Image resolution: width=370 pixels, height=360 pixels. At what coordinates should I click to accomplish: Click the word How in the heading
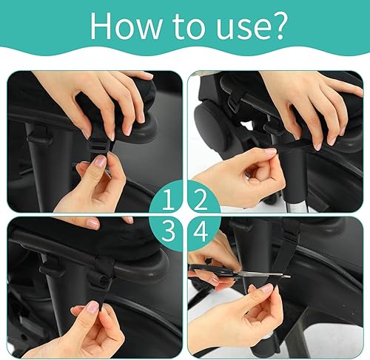(x=126, y=26)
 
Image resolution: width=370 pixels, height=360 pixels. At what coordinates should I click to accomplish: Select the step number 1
(x=169, y=200)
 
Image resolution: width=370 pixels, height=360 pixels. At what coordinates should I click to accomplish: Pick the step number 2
(x=201, y=200)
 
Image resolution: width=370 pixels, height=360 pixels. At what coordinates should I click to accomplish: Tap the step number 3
(x=169, y=231)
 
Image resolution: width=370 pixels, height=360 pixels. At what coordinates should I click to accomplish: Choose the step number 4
(x=201, y=231)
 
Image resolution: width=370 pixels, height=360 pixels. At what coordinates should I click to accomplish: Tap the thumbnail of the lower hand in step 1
(x=101, y=160)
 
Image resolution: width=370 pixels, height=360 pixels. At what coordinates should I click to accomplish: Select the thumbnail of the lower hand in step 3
(x=92, y=307)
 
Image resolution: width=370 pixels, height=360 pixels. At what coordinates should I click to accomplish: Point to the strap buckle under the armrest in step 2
(x=235, y=102)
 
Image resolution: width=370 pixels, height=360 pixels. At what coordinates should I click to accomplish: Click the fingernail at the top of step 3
(x=92, y=223)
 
